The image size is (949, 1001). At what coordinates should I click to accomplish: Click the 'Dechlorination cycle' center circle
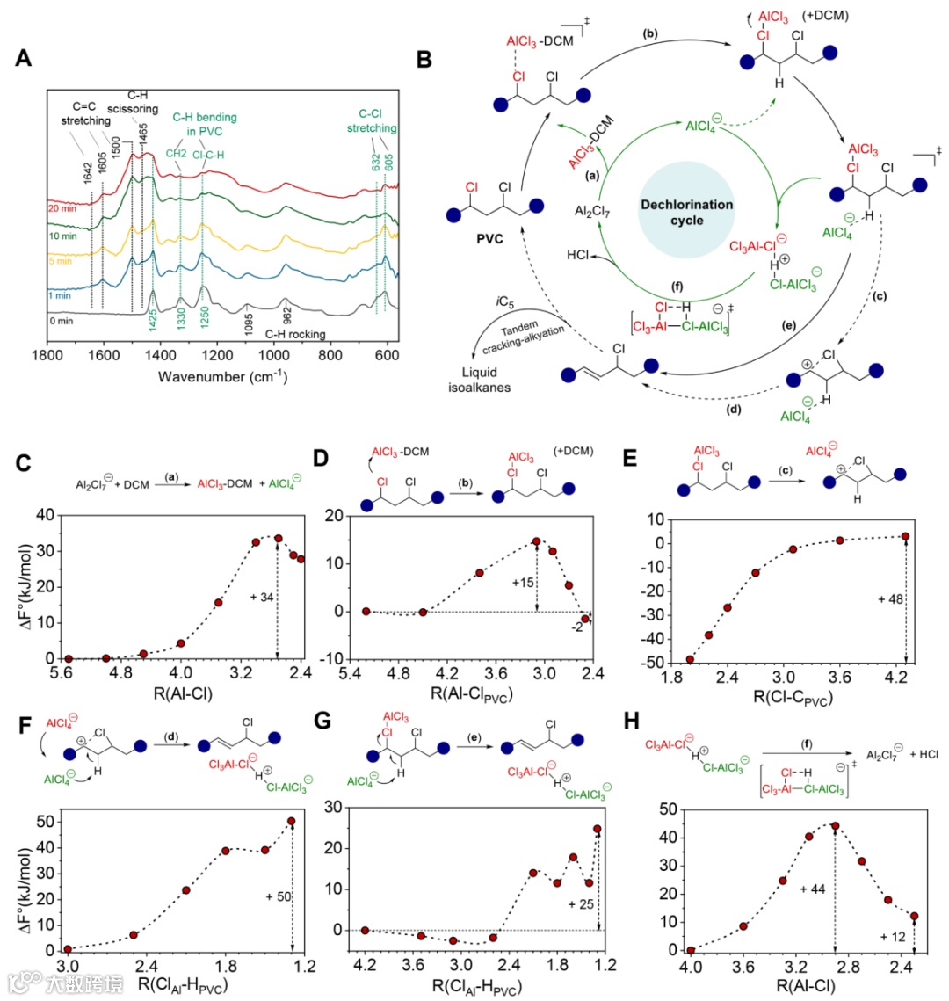686,212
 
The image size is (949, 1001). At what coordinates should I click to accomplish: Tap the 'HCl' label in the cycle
580,255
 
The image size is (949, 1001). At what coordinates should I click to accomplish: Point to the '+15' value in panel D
522,583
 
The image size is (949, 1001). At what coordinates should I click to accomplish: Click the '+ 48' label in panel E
890,598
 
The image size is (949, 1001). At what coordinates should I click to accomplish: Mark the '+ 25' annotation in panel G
582,903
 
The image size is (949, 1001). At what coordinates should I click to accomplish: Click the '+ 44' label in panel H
813,889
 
